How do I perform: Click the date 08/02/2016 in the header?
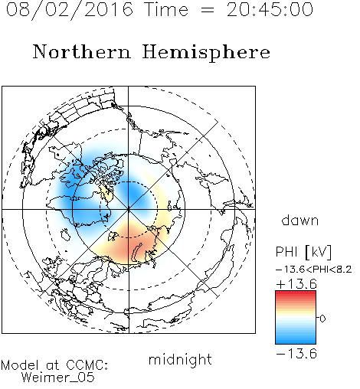pyautogui.click(x=70, y=10)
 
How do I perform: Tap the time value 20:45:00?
pyautogui.click(x=270, y=10)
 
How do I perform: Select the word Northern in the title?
pyautogui.click(x=82, y=51)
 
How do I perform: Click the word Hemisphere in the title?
pyautogui.click(x=206, y=52)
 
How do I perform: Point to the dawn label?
pyautogui.click(x=300, y=220)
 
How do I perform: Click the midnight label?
pyautogui.click(x=180, y=360)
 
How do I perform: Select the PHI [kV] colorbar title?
pyautogui.click(x=303, y=252)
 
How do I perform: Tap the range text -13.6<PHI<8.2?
pyautogui.click(x=314, y=270)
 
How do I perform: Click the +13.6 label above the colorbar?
pyautogui.click(x=296, y=284)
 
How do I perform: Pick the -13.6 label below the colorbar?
pyautogui.click(x=296, y=354)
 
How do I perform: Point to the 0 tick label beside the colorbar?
pyautogui.click(x=322, y=319)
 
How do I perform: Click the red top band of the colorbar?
pyautogui.click(x=296, y=293)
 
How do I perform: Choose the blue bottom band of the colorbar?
pyautogui.click(x=296, y=341)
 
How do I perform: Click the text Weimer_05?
pyautogui.click(x=58, y=378)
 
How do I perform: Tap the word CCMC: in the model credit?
pyautogui.click(x=87, y=365)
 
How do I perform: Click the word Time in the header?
pyautogui.click(x=166, y=10)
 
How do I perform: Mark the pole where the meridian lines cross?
pyautogui.click(x=129, y=210)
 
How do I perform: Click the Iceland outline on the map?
pyautogui.click(x=66, y=234)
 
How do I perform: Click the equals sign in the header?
pyautogui.click(x=208, y=11)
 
